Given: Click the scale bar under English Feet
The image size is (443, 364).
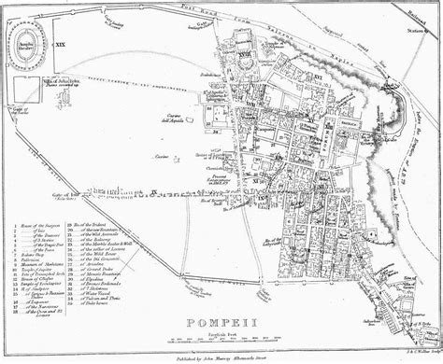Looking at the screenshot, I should [221, 343].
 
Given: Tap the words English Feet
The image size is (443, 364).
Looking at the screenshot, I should [221, 334].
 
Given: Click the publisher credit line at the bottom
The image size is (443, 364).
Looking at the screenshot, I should [221, 357].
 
